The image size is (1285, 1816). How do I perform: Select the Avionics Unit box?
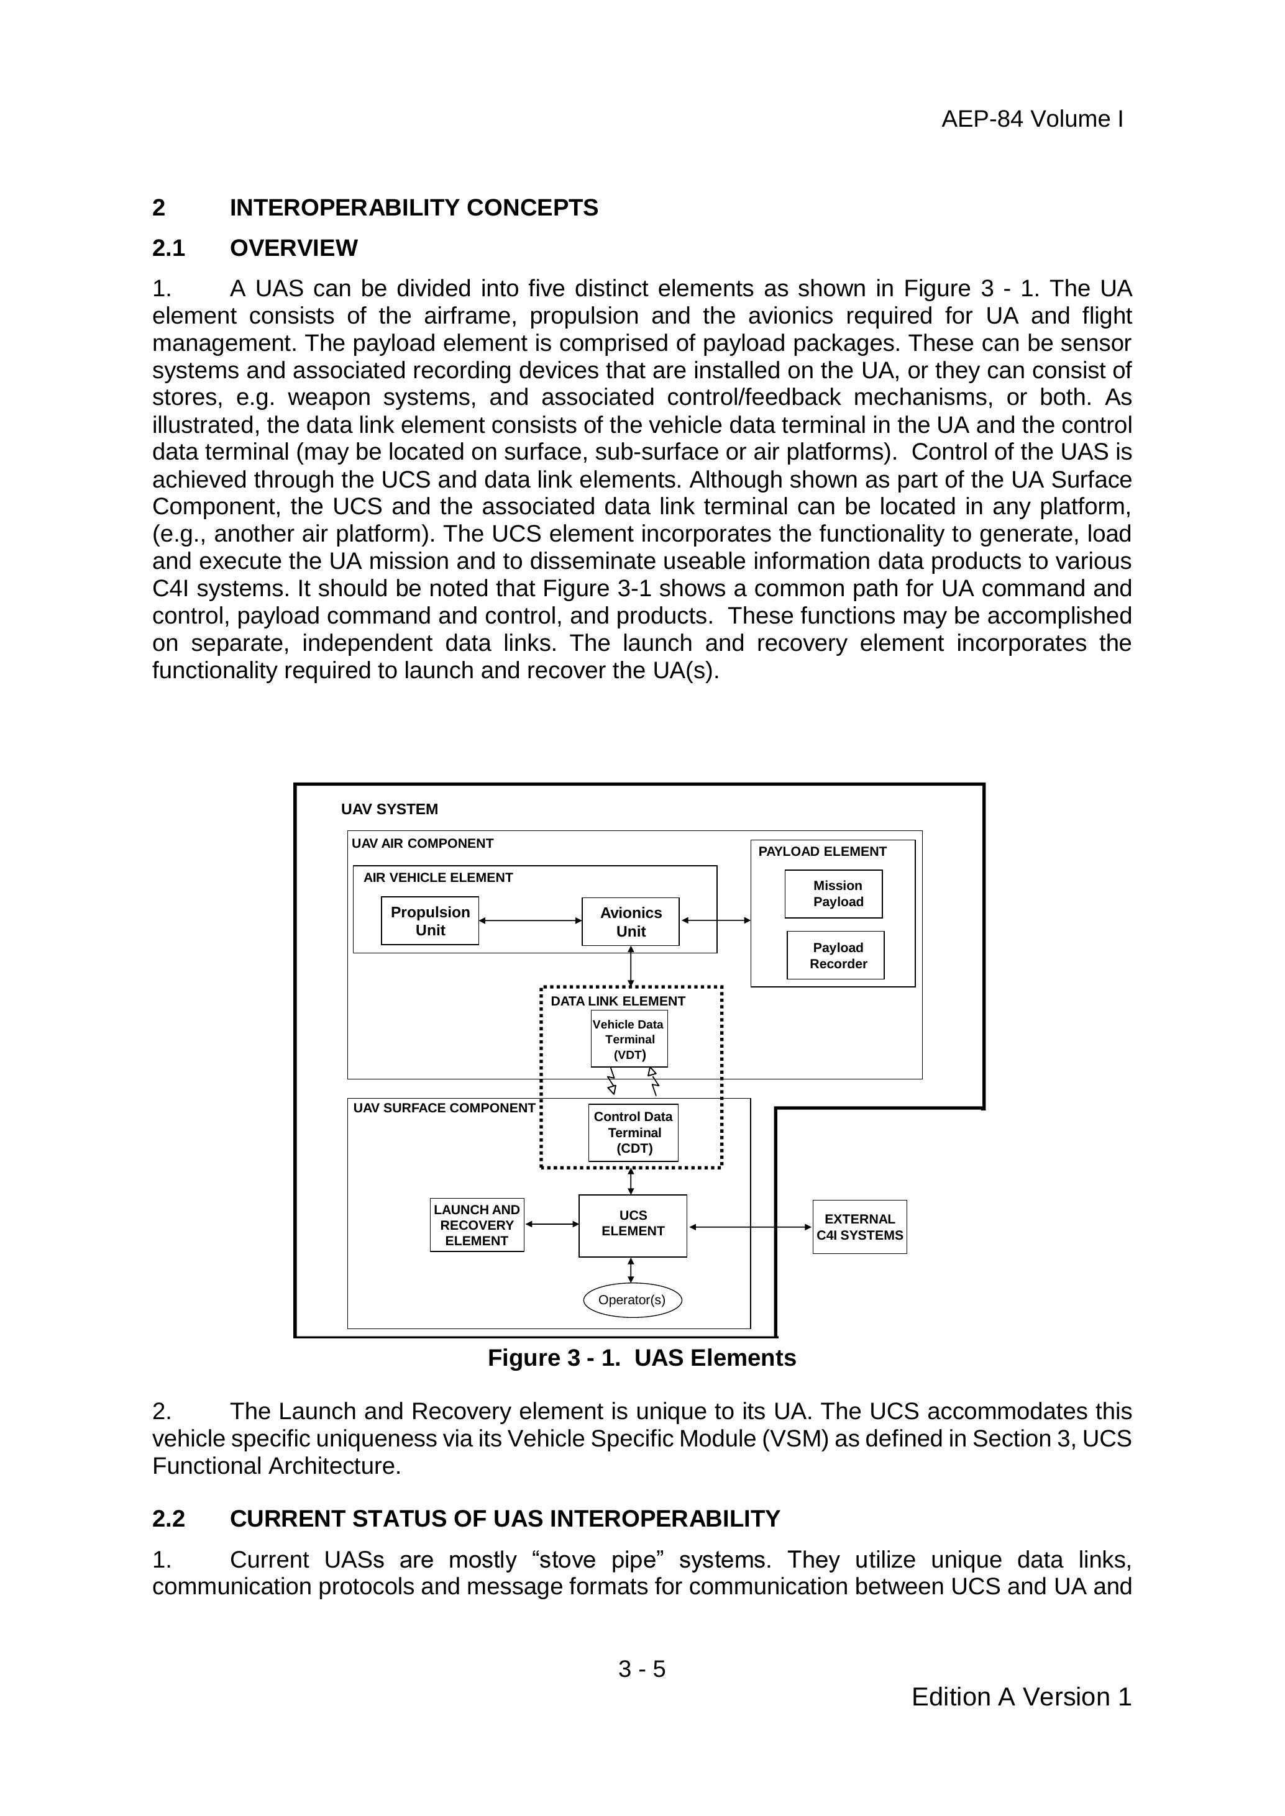631,922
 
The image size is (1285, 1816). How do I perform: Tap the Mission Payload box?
833,894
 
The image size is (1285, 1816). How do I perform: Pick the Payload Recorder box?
836,955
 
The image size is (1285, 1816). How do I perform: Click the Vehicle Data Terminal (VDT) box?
629,1038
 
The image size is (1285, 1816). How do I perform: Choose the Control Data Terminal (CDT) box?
633,1133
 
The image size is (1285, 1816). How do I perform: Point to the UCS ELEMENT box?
633,1225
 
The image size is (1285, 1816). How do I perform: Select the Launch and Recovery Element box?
477,1225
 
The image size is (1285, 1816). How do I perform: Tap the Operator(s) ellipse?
632,1299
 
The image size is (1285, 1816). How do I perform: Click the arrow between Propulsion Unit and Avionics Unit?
530,920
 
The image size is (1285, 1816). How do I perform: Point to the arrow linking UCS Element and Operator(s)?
631,1269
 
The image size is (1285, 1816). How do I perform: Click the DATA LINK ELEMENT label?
618,1001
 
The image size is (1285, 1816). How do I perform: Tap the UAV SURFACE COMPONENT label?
444,1107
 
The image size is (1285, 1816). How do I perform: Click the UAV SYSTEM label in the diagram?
390,809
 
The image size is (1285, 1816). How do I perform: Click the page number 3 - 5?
642,1669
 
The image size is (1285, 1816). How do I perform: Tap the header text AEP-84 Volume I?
1032,119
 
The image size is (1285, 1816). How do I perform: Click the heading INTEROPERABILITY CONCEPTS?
414,208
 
